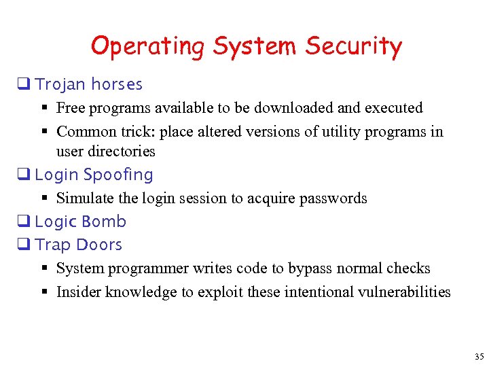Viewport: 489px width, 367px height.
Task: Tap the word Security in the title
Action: click(353, 47)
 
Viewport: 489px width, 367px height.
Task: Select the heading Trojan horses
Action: click(88, 84)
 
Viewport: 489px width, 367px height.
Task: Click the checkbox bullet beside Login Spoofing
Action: click(27, 175)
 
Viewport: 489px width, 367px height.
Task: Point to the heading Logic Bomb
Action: click(80, 222)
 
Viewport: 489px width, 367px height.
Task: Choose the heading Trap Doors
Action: click(78, 245)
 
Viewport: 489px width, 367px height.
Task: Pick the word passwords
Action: click(334, 198)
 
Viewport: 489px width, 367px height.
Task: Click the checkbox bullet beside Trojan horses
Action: click(27, 85)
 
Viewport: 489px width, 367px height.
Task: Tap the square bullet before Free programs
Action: click(44, 108)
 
